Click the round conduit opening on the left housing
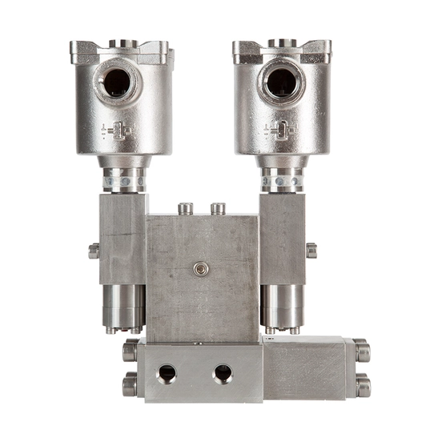point(116,82)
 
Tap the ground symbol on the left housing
point(116,131)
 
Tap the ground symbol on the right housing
point(279,131)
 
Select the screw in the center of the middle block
point(202,269)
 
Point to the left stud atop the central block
point(185,209)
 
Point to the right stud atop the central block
point(218,209)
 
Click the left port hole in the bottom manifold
point(167,373)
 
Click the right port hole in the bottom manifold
point(222,373)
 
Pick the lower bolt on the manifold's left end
point(130,386)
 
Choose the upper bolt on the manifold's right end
point(362,351)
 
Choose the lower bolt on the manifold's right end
point(362,386)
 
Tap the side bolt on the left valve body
point(94,251)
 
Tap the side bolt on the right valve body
point(311,251)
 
